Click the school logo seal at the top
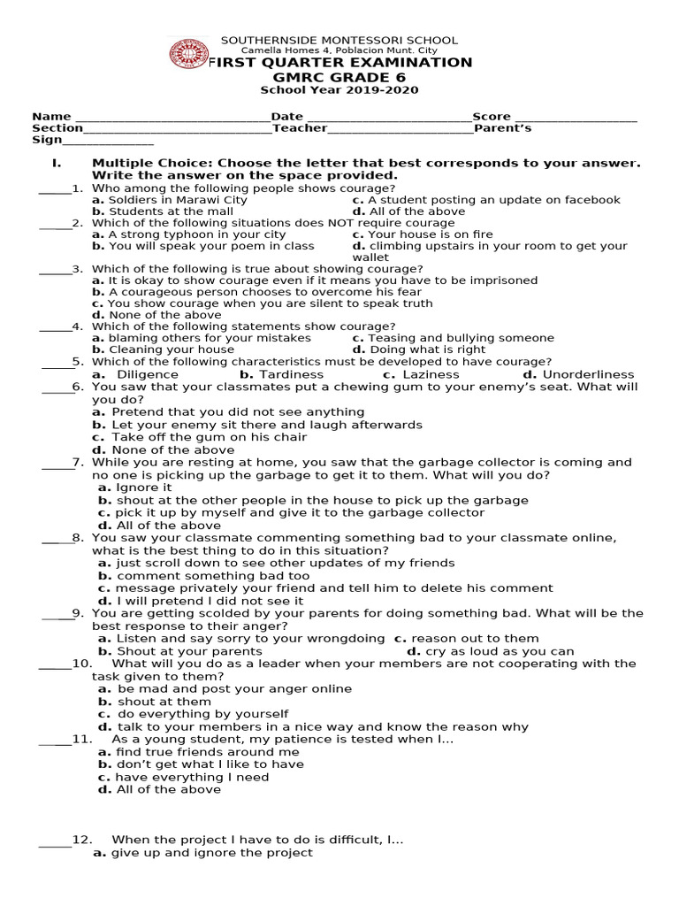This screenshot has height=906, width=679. click(188, 55)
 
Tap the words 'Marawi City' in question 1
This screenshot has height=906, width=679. click(213, 200)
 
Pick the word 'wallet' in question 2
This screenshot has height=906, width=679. click(370, 257)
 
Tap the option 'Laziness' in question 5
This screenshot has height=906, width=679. click(431, 374)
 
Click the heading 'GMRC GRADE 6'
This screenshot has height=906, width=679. click(339, 77)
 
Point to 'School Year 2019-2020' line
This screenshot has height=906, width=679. click(339, 90)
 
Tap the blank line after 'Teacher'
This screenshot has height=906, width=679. click(401, 131)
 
